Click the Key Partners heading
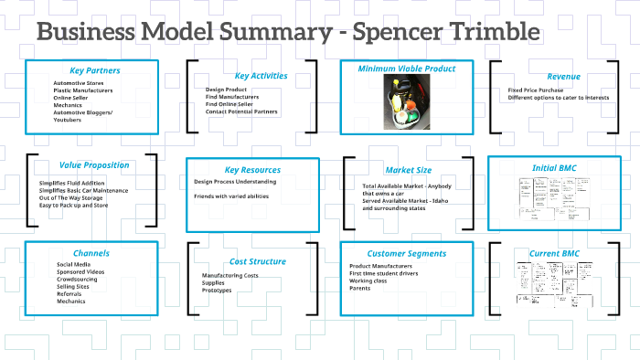point(94,70)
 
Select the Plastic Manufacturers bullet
point(81,91)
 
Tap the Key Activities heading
point(261,76)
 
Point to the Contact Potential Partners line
point(241,111)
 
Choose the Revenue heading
point(563,76)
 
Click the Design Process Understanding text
point(237,182)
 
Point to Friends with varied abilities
point(231,196)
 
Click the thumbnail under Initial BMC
point(553,201)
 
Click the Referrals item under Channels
point(70,293)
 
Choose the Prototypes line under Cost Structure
point(217,291)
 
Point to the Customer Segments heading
point(407,253)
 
